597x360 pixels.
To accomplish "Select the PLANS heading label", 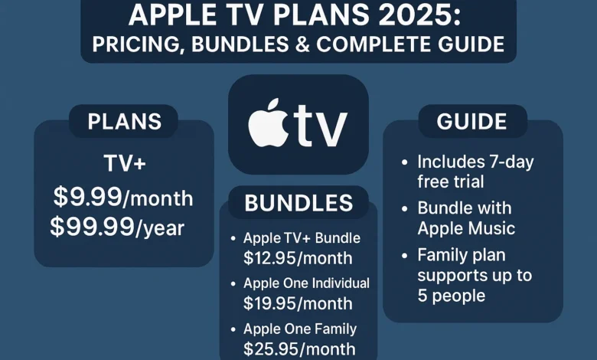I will pos(124,122).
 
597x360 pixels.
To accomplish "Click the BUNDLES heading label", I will pos(298,203).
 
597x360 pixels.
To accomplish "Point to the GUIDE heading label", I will pos(472,122).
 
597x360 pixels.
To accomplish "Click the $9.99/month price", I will pos(123,198).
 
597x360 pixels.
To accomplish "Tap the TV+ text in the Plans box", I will pos(124,165).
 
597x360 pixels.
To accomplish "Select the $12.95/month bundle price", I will pos(298,258).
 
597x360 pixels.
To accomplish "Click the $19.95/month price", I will pos(298,303).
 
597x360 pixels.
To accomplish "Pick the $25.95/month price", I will pos(298,349).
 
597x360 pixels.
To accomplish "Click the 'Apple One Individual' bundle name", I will pos(306,283).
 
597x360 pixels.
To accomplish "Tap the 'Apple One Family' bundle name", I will pos(300,329).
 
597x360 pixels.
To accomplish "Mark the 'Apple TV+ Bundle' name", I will pos(301,238).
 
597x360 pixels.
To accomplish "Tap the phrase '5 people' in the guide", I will pos(452,294).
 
